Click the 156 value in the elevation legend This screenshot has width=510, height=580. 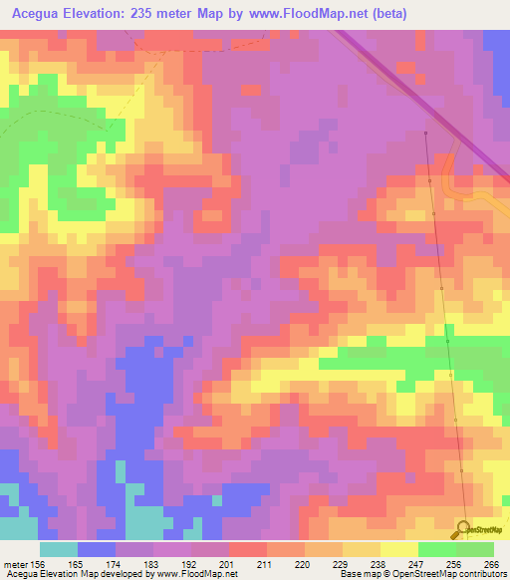[x=36, y=564]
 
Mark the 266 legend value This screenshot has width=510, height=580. [x=489, y=564]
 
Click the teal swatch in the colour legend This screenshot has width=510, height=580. [x=59, y=549]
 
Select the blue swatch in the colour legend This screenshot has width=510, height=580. [x=97, y=549]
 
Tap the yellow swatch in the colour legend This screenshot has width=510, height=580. [x=399, y=549]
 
